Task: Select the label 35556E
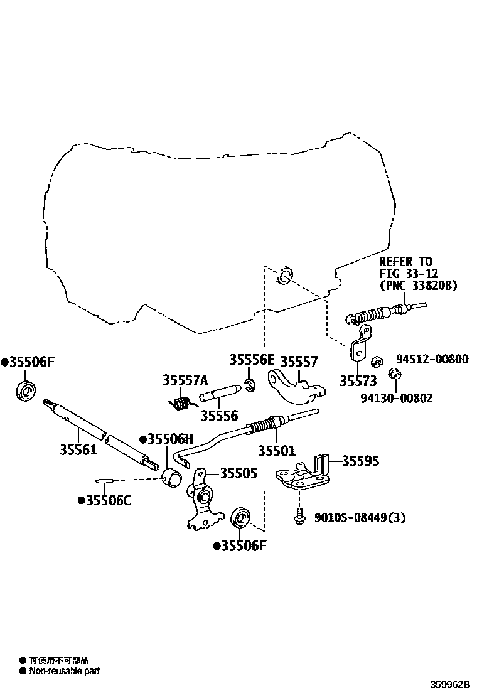pyautogui.click(x=252, y=360)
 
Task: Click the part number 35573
pyautogui.click(x=358, y=381)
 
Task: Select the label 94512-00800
pyautogui.click(x=432, y=359)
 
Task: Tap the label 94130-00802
pyautogui.click(x=396, y=397)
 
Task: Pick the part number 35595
pyautogui.click(x=360, y=461)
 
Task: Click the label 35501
pyautogui.click(x=277, y=451)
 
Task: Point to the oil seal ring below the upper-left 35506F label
pyautogui.click(x=26, y=391)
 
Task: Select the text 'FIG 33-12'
pyautogui.click(x=409, y=273)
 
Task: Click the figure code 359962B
pyautogui.click(x=449, y=684)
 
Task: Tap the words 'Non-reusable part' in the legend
pyautogui.click(x=65, y=670)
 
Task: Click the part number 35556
pyautogui.click(x=220, y=416)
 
